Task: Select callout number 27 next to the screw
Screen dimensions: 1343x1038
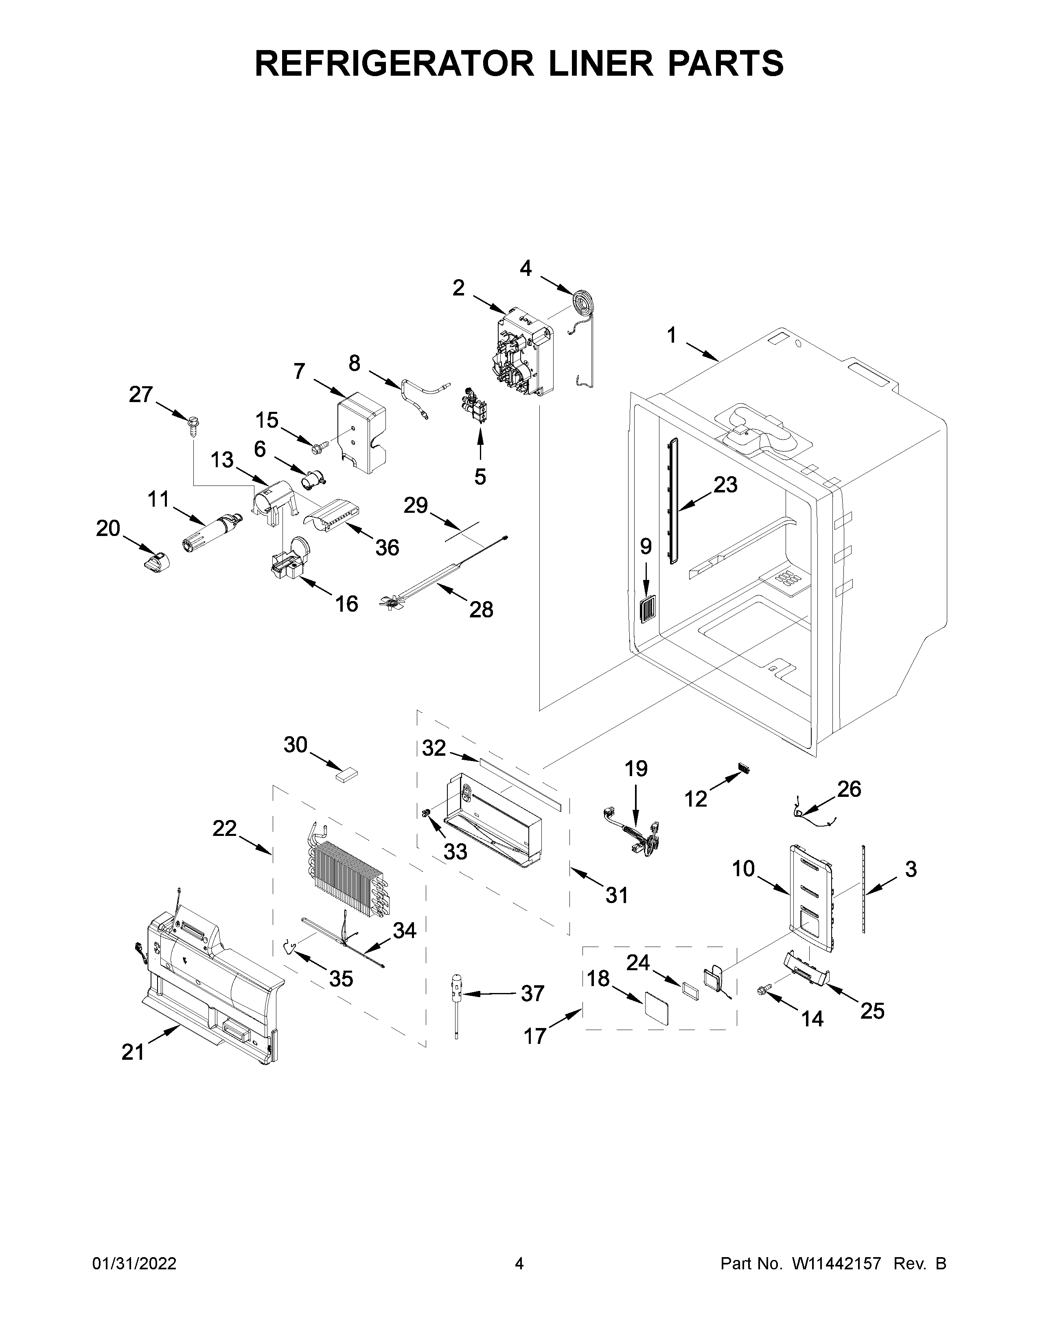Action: click(141, 394)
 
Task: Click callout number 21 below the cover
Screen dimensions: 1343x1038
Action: click(132, 1052)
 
